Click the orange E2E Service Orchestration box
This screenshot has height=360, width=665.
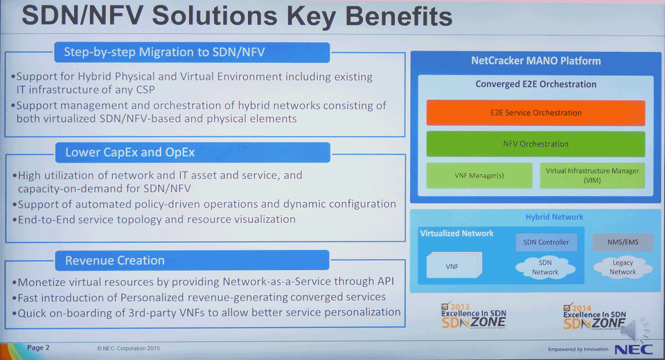pos(535,113)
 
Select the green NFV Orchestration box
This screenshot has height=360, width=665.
pos(535,144)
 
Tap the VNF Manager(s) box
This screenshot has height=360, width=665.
pos(479,176)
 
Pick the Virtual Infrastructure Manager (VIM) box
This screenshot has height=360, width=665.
pos(592,176)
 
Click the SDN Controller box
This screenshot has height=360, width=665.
pos(547,242)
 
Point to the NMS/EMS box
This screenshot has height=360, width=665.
pos(623,242)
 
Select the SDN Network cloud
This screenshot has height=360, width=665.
pos(545,267)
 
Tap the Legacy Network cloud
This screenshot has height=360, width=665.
pos(623,267)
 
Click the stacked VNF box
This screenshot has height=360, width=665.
pos(454,265)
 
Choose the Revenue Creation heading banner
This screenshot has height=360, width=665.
pos(192,260)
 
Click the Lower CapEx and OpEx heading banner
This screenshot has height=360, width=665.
pos(193,152)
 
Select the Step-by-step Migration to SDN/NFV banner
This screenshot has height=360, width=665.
pos(192,52)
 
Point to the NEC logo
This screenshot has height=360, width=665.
pos(634,350)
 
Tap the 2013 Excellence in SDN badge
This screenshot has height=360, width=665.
pos(473,316)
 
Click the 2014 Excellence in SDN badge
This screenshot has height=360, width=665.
pos(594,317)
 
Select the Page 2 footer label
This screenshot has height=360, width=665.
pos(38,348)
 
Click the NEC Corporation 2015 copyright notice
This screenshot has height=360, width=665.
pos(129,348)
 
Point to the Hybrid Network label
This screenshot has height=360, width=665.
pos(554,217)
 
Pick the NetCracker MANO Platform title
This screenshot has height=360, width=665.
pos(536,61)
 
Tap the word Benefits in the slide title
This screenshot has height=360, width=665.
pos(399,16)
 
